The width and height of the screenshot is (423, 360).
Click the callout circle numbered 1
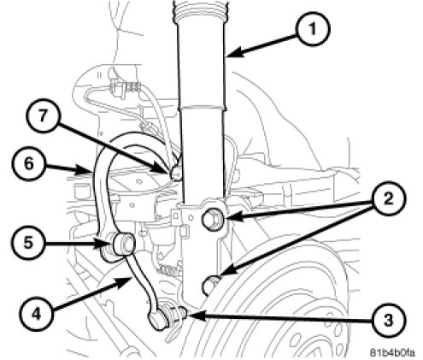pos(313,29)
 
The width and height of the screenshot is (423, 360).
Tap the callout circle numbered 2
pos(389,199)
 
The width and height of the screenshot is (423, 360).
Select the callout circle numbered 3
pos(389,320)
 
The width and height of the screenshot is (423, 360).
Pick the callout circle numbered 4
pos(36,314)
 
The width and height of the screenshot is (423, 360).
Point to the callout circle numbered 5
pos(28,243)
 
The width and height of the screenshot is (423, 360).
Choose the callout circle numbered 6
pos(29,164)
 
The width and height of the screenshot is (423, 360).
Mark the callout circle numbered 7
pos(43,115)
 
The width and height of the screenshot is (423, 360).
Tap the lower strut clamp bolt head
pos(209,285)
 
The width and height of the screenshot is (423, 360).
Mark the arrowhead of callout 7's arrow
pos(162,169)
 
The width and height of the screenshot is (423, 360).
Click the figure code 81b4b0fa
pos(392,352)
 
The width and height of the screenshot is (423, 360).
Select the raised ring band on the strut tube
pos(202,108)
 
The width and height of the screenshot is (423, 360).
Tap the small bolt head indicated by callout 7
pos(177,173)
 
